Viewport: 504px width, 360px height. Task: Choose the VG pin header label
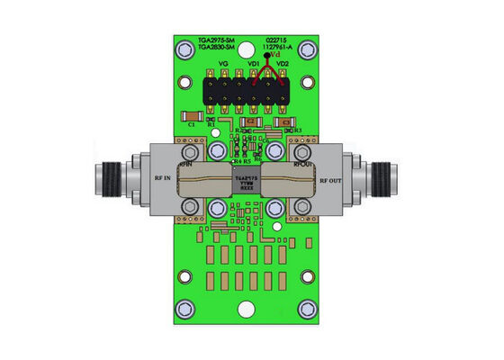click(223, 65)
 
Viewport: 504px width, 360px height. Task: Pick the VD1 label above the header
click(255, 65)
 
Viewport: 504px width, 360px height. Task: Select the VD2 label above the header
click(282, 65)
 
